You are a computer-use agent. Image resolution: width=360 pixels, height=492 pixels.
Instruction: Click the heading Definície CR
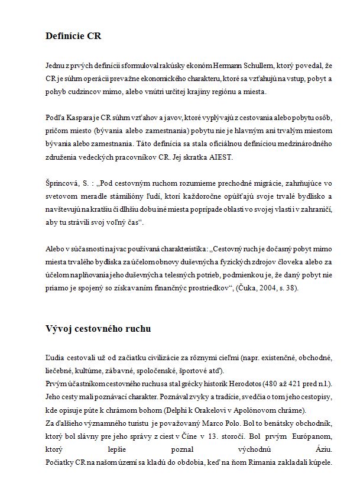(73, 36)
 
